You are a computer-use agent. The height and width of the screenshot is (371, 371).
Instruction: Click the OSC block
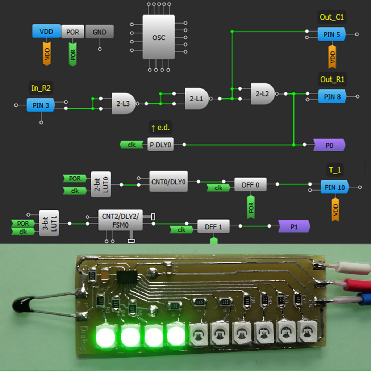point(158,37)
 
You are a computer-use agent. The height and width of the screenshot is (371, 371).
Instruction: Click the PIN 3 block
point(41,105)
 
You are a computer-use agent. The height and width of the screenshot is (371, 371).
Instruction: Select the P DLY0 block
point(160,145)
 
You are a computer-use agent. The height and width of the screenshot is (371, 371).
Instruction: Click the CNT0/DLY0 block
point(168,181)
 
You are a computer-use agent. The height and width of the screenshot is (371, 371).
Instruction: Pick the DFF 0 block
point(250,185)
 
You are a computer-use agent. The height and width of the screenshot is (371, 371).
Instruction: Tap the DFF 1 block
point(213,226)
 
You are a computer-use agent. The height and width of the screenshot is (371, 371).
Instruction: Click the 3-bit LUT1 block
point(49,223)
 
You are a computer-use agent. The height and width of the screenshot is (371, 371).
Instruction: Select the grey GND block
point(99,32)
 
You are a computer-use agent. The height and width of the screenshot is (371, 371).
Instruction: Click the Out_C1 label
point(332,17)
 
